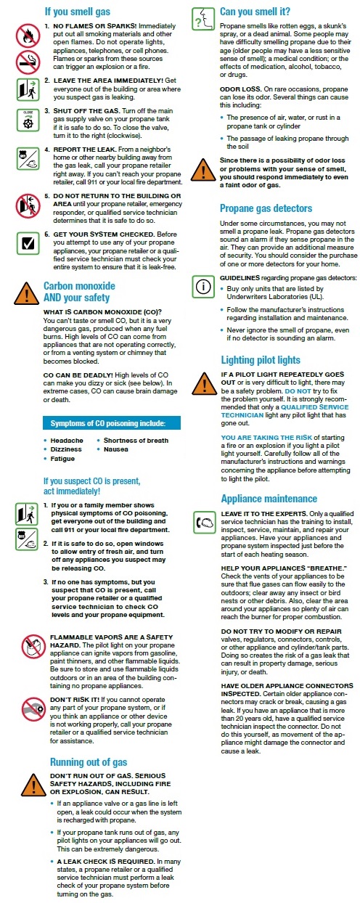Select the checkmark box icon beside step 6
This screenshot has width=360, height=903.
coord(27,243)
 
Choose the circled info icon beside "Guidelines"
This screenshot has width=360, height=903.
coord(202,285)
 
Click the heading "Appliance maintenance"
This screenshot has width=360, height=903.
coord(269,499)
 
